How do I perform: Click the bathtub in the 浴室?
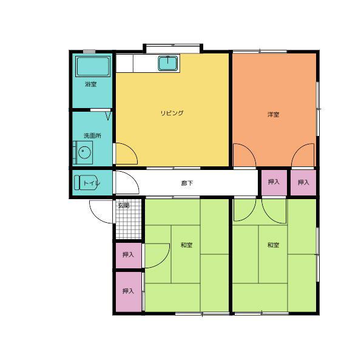pyautogui.click(x=93, y=66)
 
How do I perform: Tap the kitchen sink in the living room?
pyautogui.click(x=168, y=63)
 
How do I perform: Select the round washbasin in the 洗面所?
pyautogui.click(x=84, y=152)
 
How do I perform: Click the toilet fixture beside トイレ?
pyautogui.click(x=86, y=183)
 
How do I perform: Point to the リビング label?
pyautogui.click(x=172, y=113)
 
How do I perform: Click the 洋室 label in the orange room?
pyautogui.click(x=273, y=114)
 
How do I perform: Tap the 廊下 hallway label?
pyautogui.click(x=187, y=183)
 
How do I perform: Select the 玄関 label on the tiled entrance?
pyautogui.click(x=124, y=206)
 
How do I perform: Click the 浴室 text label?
pyautogui.click(x=91, y=84)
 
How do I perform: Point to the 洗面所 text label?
pyautogui.click(x=92, y=135)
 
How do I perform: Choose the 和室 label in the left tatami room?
pyautogui.click(x=186, y=245)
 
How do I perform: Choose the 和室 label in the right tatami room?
pyautogui.click(x=273, y=245)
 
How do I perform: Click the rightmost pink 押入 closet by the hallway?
pyautogui.click(x=303, y=183)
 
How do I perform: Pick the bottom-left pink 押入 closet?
pyautogui.click(x=129, y=292)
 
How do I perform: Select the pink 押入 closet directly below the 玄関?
pyautogui.click(x=129, y=255)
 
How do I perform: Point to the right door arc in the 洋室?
pyautogui.click(x=298, y=149)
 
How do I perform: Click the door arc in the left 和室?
pyautogui.click(x=163, y=261)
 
